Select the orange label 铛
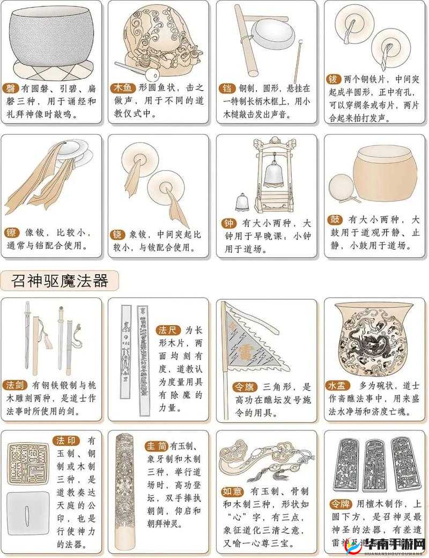226,88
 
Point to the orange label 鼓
334,220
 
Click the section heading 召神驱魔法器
60,280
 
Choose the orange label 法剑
15,385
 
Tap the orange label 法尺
168,329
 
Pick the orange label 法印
67,441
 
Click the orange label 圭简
156,446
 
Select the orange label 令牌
341,504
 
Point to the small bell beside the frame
242,202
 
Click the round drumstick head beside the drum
339,187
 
